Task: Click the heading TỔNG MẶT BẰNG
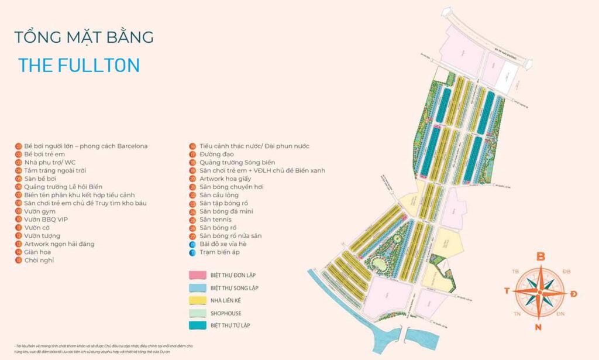click(x=84, y=37)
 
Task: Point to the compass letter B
click(x=541, y=256)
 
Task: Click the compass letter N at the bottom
click(x=538, y=327)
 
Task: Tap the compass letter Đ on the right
click(x=574, y=293)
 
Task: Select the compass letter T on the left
click(x=505, y=291)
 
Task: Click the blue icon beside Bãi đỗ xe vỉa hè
click(x=192, y=244)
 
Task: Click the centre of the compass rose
click(x=540, y=291)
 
